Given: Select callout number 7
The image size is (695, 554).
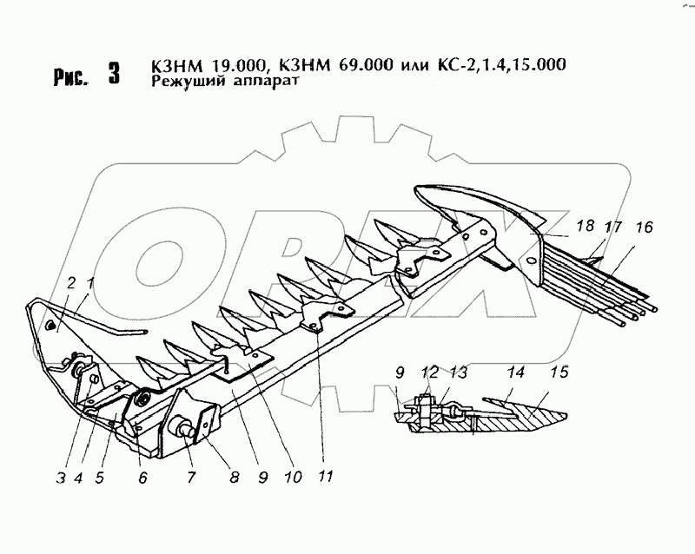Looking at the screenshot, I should [x=189, y=476].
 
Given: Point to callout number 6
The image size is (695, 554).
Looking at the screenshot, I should [x=141, y=476].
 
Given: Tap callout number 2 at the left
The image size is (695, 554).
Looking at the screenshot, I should [x=70, y=282].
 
